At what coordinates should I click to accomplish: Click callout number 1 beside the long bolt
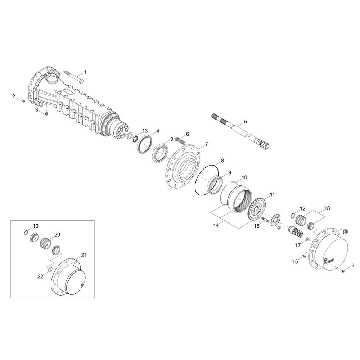click(85, 72)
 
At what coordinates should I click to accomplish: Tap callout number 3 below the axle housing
click(36, 110)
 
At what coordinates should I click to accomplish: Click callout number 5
click(246, 121)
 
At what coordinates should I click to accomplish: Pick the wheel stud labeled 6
click(181, 140)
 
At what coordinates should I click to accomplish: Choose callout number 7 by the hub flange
click(206, 144)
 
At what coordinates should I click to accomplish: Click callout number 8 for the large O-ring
click(222, 161)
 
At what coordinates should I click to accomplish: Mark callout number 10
click(244, 177)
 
